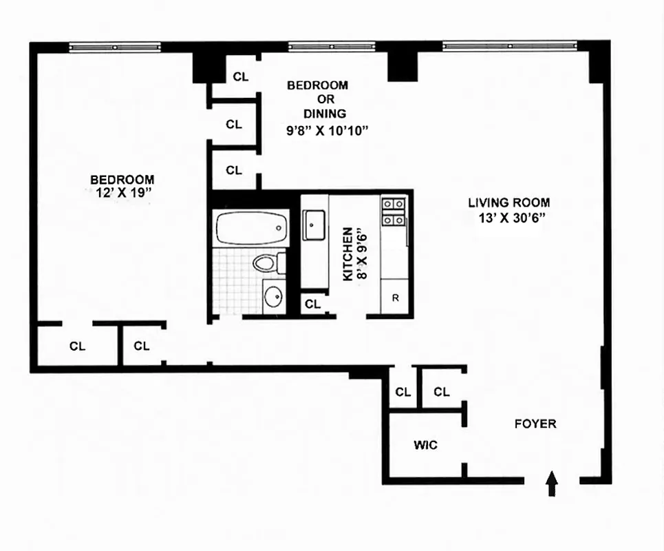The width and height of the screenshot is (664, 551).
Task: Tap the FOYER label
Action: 535,424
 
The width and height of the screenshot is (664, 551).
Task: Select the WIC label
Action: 425,446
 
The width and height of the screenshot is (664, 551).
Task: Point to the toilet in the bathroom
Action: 266,263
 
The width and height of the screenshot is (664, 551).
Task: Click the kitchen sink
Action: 314,225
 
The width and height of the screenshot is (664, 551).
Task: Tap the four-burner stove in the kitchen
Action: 394,211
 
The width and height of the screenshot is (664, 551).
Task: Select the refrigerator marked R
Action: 396,298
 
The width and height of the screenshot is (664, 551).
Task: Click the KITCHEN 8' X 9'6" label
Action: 356,253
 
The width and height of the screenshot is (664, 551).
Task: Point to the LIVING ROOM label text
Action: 509,202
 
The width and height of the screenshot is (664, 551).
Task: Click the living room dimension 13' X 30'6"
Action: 509,219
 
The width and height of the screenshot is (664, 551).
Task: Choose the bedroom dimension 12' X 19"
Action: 123,194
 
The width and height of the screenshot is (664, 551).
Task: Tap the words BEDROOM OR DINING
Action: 317,99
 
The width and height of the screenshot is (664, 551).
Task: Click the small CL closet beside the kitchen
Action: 312,304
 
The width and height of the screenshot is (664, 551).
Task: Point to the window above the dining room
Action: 331,47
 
